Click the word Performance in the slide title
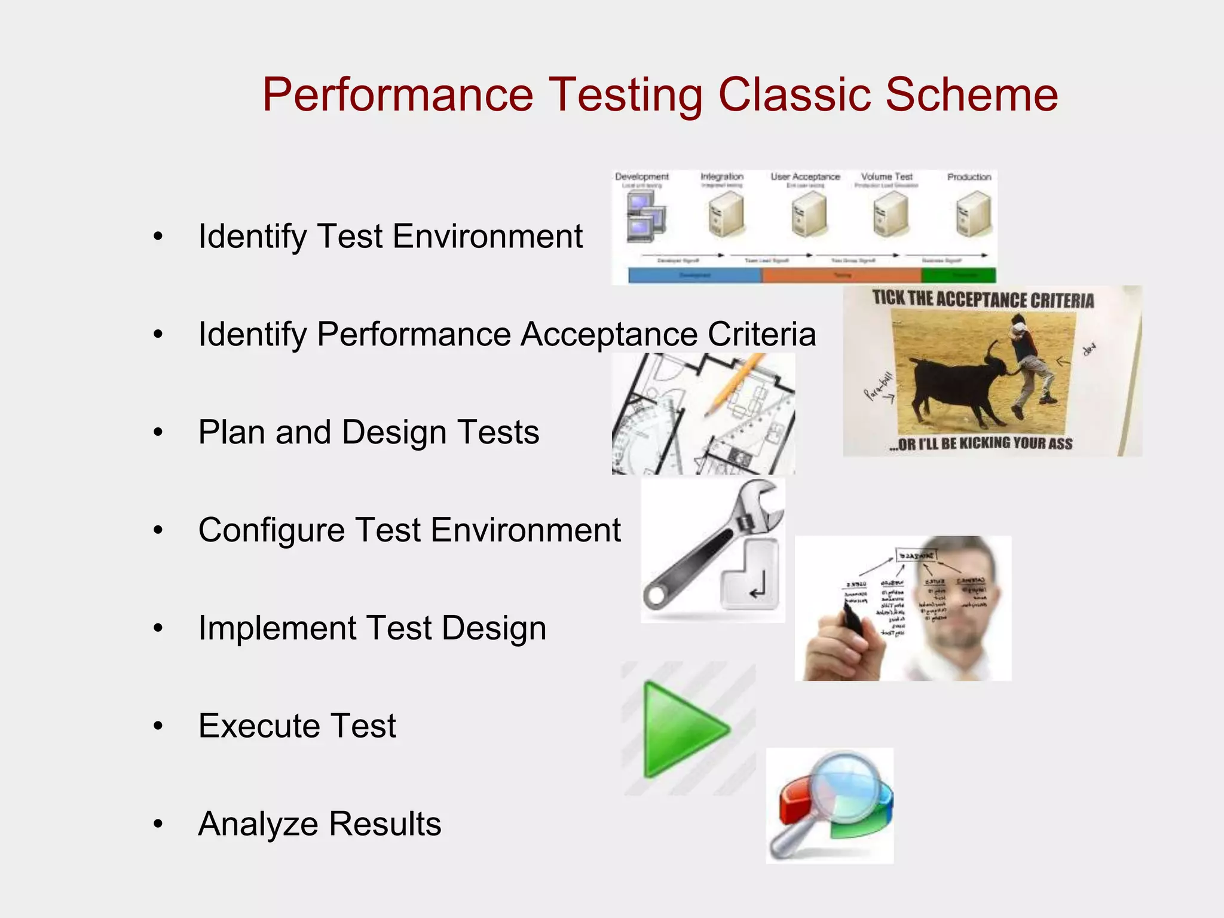point(397,94)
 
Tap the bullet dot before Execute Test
point(158,726)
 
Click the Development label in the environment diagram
point(641,177)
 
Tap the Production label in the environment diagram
point(969,177)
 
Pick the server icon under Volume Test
point(890,215)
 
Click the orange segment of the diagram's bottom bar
point(841,275)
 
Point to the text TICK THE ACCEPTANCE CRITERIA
point(983,299)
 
